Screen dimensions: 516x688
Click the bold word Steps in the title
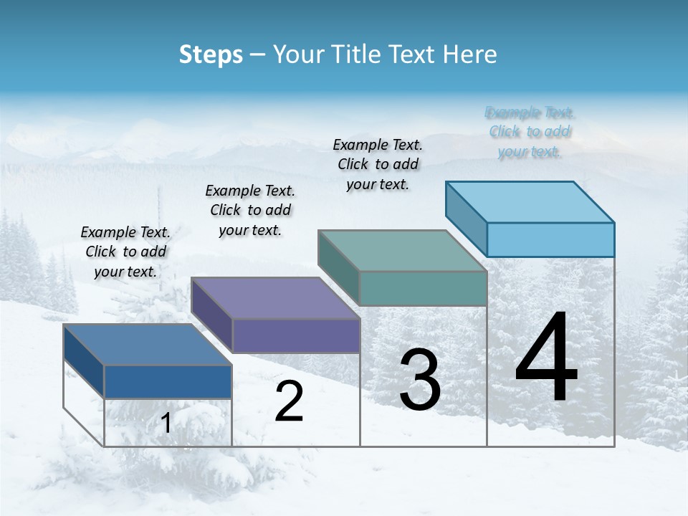click(x=211, y=54)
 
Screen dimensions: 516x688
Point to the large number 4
click(x=546, y=360)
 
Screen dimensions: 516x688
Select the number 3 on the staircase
click(x=420, y=381)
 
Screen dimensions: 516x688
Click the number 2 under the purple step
click(x=289, y=402)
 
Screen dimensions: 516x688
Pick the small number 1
click(x=166, y=424)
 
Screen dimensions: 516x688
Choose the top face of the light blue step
click(x=530, y=202)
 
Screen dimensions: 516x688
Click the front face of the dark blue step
click(x=168, y=382)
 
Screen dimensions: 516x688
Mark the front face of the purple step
click(x=296, y=335)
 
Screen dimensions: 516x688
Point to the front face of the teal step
click(x=423, y=288)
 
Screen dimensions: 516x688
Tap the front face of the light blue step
click(x=550, y=239)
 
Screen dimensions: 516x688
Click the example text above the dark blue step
click(x=125, y=252)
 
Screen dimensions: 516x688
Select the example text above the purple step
click(x=250, y=210)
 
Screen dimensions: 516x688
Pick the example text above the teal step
click(x=378, y=164)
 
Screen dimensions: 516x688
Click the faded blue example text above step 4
click(x=530, y=132)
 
